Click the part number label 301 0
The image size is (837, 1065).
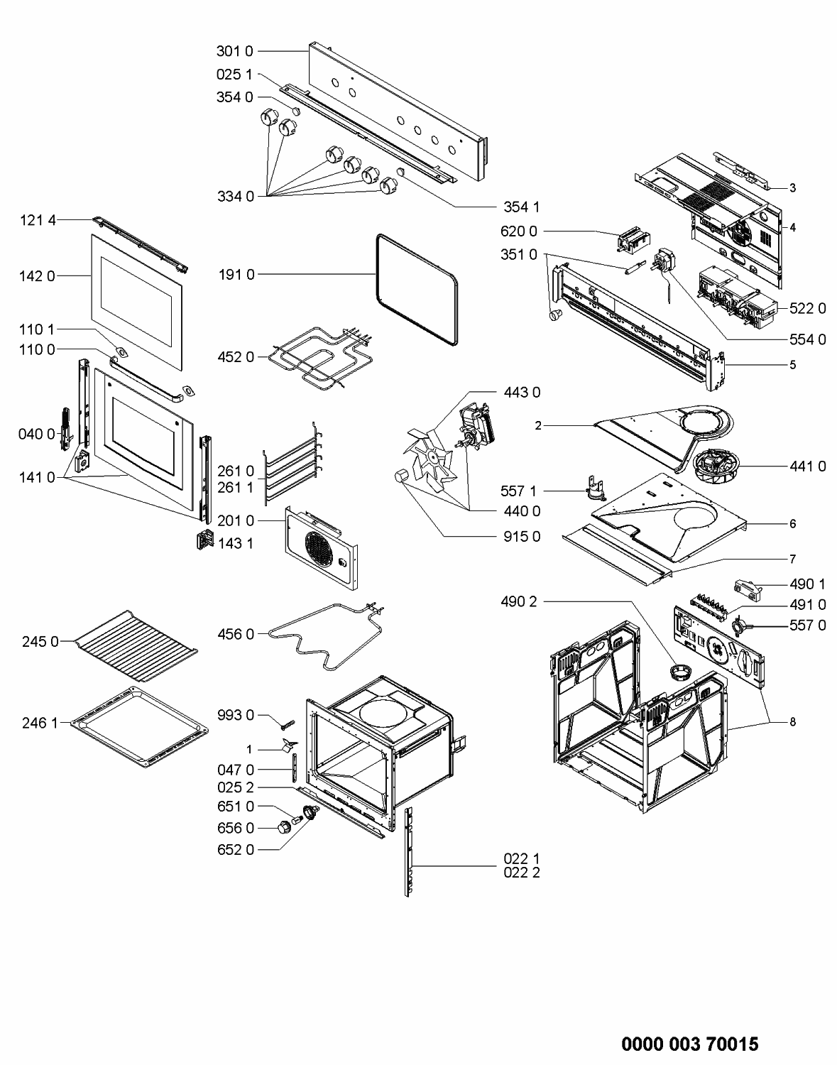234,51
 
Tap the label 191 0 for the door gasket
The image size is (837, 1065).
236,275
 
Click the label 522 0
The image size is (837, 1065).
808,308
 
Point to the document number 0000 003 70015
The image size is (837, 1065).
689,1044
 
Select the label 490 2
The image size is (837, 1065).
518,602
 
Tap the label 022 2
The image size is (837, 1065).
521,873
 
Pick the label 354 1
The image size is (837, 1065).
521,207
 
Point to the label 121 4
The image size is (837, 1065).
38,221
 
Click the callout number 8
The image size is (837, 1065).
792,722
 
